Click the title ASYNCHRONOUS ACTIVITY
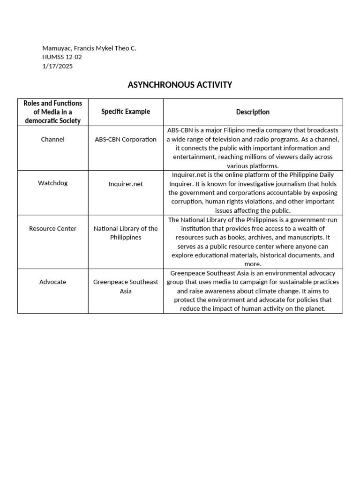(180, 85)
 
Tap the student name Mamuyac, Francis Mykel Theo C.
(89, 48)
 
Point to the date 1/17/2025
(58, 66)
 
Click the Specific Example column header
(126, 112)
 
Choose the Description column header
(253, 112)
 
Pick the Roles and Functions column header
(52, 112)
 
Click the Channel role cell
(52, 139)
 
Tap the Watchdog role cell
(52, 183)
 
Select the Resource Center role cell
(52, 229)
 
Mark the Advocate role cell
(52, 282)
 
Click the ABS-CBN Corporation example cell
(126, 139)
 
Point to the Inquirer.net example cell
(126, 184)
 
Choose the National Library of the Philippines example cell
(126, 233)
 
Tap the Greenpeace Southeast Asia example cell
(126, 286)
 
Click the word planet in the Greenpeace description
(315, 309)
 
